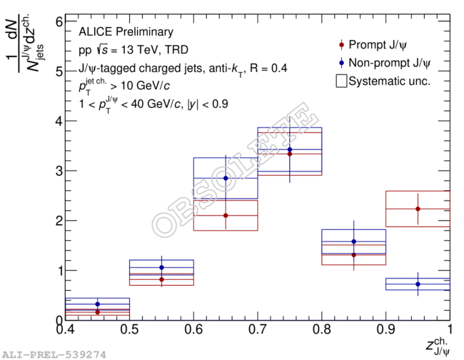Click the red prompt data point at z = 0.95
click(418, 209)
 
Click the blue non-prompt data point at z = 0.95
click(418, 284)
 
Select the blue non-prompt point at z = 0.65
click(226, 178)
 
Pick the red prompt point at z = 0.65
click(226, 215)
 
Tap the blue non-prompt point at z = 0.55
click(161, 267)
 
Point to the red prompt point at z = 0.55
click(161, 279)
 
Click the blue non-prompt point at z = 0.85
click(353, 241)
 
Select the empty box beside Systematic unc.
click(341, 81)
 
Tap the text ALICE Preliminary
click(126, 32)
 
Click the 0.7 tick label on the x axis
click(258, 331)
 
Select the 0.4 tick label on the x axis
click(66, 331)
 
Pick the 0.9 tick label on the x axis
click(385, 331)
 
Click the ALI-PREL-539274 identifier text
click(54, 354)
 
